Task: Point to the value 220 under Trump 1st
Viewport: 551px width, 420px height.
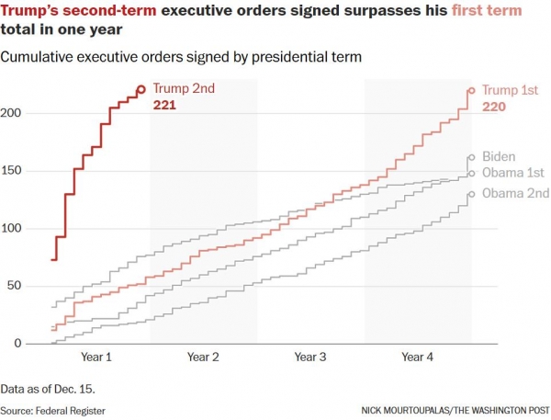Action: click(495, 107)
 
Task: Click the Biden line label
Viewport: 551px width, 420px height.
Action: click(498, 156)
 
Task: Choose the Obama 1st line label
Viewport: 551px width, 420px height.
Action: click(513, 173)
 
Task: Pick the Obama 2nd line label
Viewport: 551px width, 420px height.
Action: click(515, 193)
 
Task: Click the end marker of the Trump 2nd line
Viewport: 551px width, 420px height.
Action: click(141, 90)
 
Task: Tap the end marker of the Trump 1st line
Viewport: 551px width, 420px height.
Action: click(471, 90)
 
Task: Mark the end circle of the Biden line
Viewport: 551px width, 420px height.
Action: click(471, 157)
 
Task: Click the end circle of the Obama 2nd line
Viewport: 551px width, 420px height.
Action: click(471, 194)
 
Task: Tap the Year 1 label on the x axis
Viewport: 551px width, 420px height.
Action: click(97, 357)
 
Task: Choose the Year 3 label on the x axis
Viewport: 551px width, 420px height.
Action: click(311, 357)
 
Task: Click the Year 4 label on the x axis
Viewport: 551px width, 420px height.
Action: click(418, 357)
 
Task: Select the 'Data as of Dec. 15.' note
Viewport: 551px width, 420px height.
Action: click(48, 388)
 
